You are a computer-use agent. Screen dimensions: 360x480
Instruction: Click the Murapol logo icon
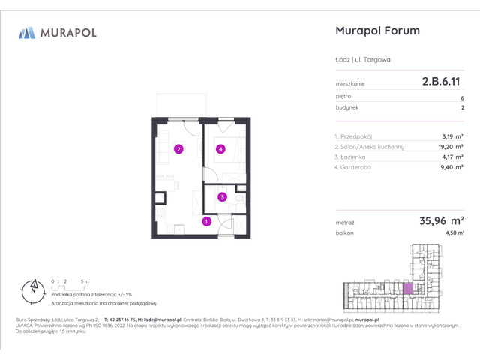coord(27,32)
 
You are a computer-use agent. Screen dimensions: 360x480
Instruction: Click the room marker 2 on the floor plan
coord(178,149)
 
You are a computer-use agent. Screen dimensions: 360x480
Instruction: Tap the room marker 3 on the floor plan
coord(223,197)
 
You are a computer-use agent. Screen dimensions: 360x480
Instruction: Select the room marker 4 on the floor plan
coord(220,149)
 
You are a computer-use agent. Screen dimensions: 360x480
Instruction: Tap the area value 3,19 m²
coord(451,136)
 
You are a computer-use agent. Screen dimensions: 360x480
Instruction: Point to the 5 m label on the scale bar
coord(85,280)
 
